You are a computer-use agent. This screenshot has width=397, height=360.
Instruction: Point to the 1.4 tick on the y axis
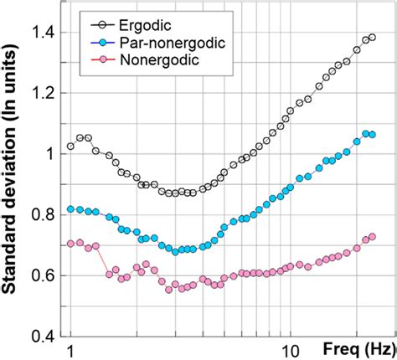[x=44, y=32]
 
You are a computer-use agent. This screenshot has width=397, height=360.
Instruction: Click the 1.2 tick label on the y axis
[x=44, y=93]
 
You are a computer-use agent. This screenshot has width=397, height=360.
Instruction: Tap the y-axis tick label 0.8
[x=44, y=214]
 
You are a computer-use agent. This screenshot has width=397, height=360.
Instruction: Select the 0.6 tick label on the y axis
[x=44, y=275]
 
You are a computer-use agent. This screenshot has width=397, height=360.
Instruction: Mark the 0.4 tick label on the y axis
[x=44, y=336]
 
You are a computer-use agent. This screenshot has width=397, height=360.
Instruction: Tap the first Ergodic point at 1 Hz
[x=71, y=147]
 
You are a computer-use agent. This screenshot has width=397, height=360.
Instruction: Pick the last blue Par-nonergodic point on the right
[x=372, y=135]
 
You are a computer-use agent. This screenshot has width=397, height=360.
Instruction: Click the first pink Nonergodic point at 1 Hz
[x=71, y=244]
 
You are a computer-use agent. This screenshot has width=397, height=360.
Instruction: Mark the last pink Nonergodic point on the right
[x=372, y=237]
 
